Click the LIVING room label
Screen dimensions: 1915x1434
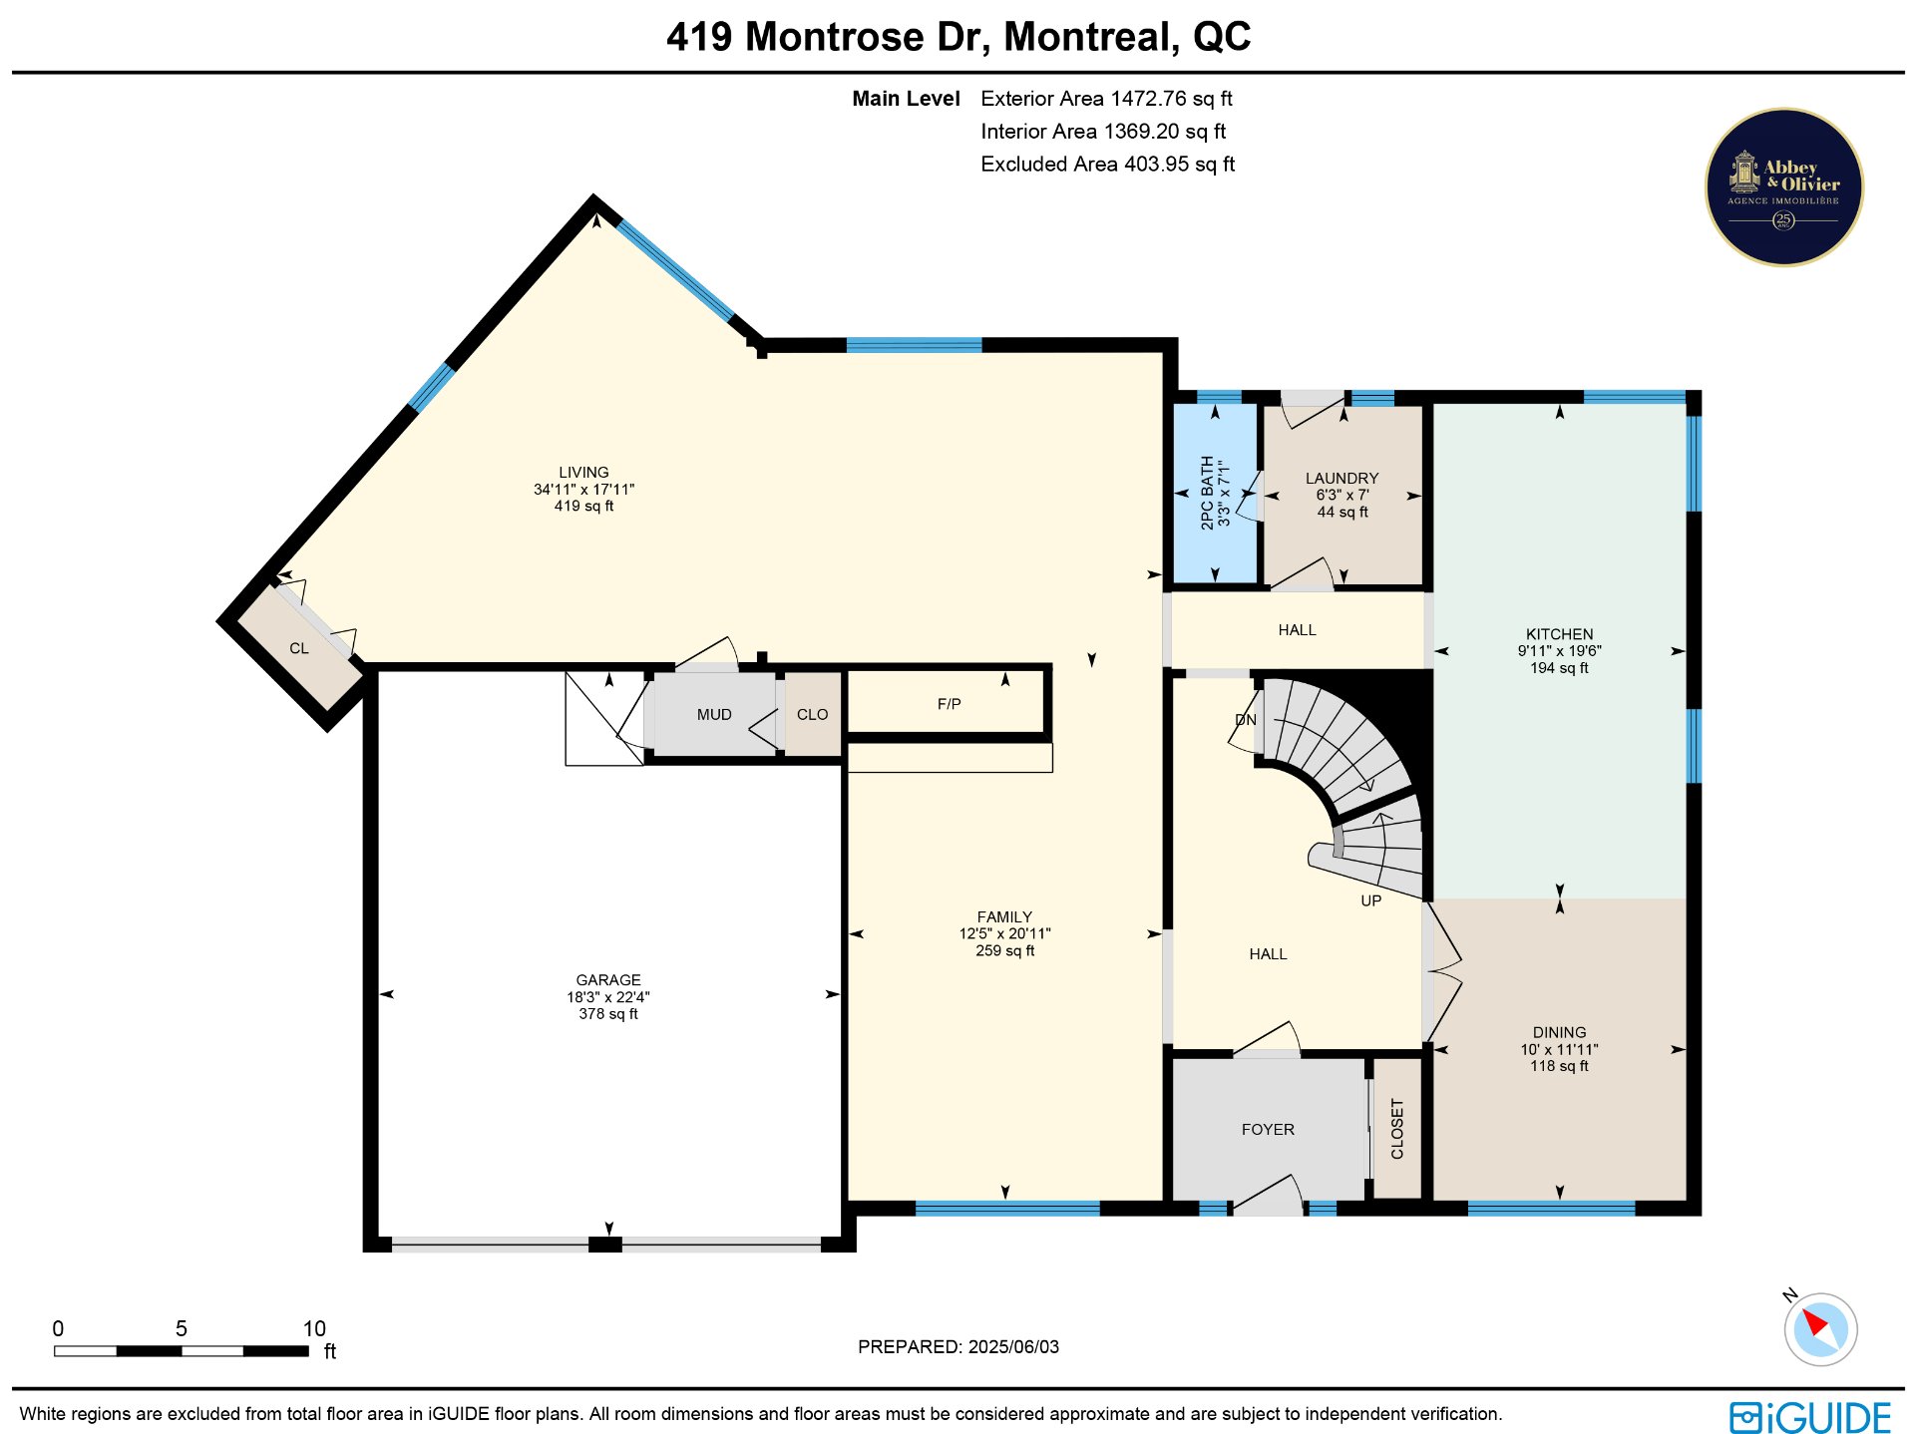click(583, 473)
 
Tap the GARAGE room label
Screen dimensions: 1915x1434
click(608, 980)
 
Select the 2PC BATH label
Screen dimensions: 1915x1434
click(1207, 493)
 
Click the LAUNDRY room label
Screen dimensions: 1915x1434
click(1342, 479)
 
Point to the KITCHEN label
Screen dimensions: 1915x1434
click(1560, 634)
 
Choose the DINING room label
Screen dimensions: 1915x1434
click(1560, 1033)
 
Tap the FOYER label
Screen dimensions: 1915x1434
click(1269, 1130)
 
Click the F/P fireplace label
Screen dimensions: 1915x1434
click(950, 704)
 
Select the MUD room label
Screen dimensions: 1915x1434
click(714, 715)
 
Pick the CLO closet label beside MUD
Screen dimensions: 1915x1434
click(813, 715)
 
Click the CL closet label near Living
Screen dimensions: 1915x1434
click(299, 648)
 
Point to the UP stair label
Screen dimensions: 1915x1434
click(1371, 900)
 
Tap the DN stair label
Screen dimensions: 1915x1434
click(1246, 720)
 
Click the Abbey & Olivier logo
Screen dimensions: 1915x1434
click(1784, 187)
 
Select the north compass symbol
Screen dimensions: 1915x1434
click(1820, 1328)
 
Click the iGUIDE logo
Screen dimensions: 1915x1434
click(1810, 1417)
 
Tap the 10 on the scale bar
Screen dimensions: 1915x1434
click(314, 1328)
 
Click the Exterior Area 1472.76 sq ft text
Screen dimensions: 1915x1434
click(1107, 99)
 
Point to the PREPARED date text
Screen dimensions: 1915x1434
click(958, 1347)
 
